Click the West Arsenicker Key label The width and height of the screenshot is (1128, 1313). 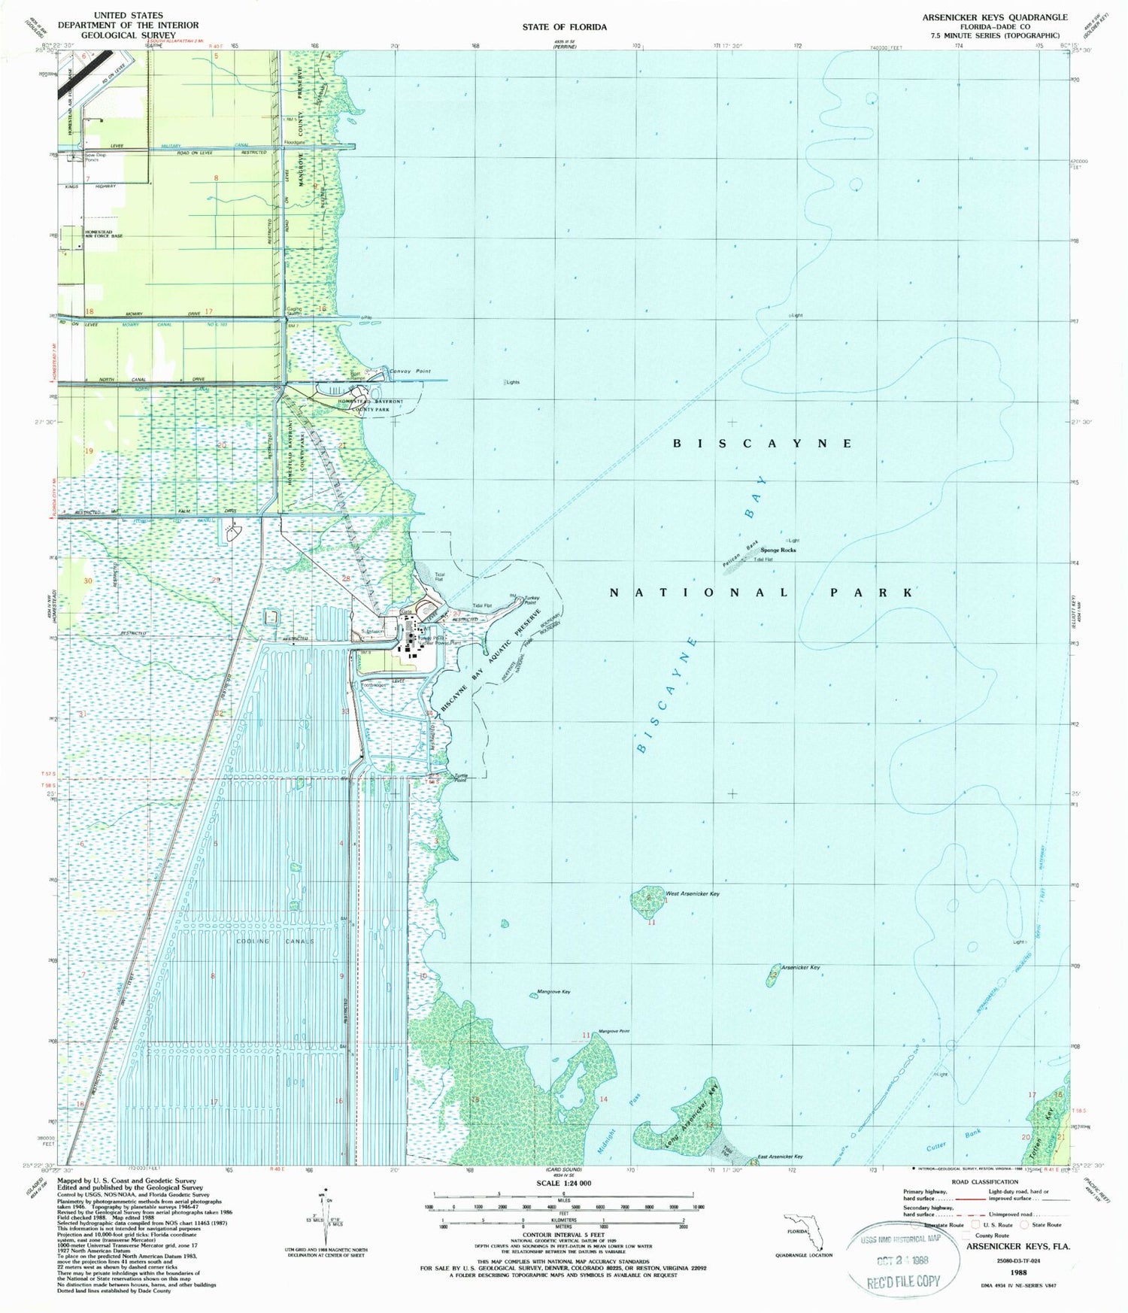click(693, 893)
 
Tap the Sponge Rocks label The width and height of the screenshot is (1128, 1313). click(778, 550)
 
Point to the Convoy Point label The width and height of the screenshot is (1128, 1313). click(410, 371)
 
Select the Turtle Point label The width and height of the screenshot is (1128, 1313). click(459, 778)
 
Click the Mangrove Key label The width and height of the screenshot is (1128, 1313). click(553, 992)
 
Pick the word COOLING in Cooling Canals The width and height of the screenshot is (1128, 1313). click(253, 941)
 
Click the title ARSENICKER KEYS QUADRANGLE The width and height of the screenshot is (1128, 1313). click(994, 17)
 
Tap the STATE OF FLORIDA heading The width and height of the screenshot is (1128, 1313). click(564, 27)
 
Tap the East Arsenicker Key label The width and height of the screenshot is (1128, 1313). click(780, 1157)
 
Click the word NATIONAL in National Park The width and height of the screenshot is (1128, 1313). click(699, 593)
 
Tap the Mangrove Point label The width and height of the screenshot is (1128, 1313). click(614, 1031)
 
